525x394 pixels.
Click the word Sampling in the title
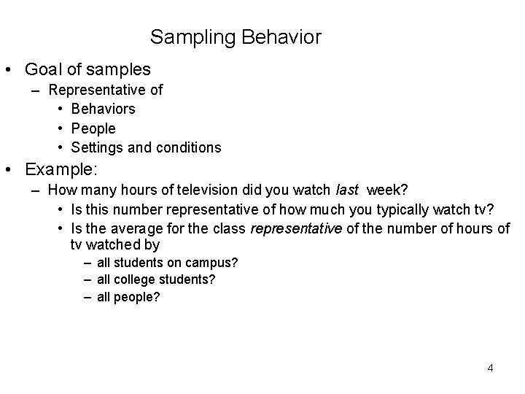point(185,36)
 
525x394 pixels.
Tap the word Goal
point(43,69)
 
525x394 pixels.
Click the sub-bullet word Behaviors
point(103,109)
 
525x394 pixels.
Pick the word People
point(93,128)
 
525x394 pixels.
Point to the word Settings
point(96,148)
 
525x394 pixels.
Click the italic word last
point(347,190)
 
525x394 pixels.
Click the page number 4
point(490,368)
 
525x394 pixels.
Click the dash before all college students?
point(87,280)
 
